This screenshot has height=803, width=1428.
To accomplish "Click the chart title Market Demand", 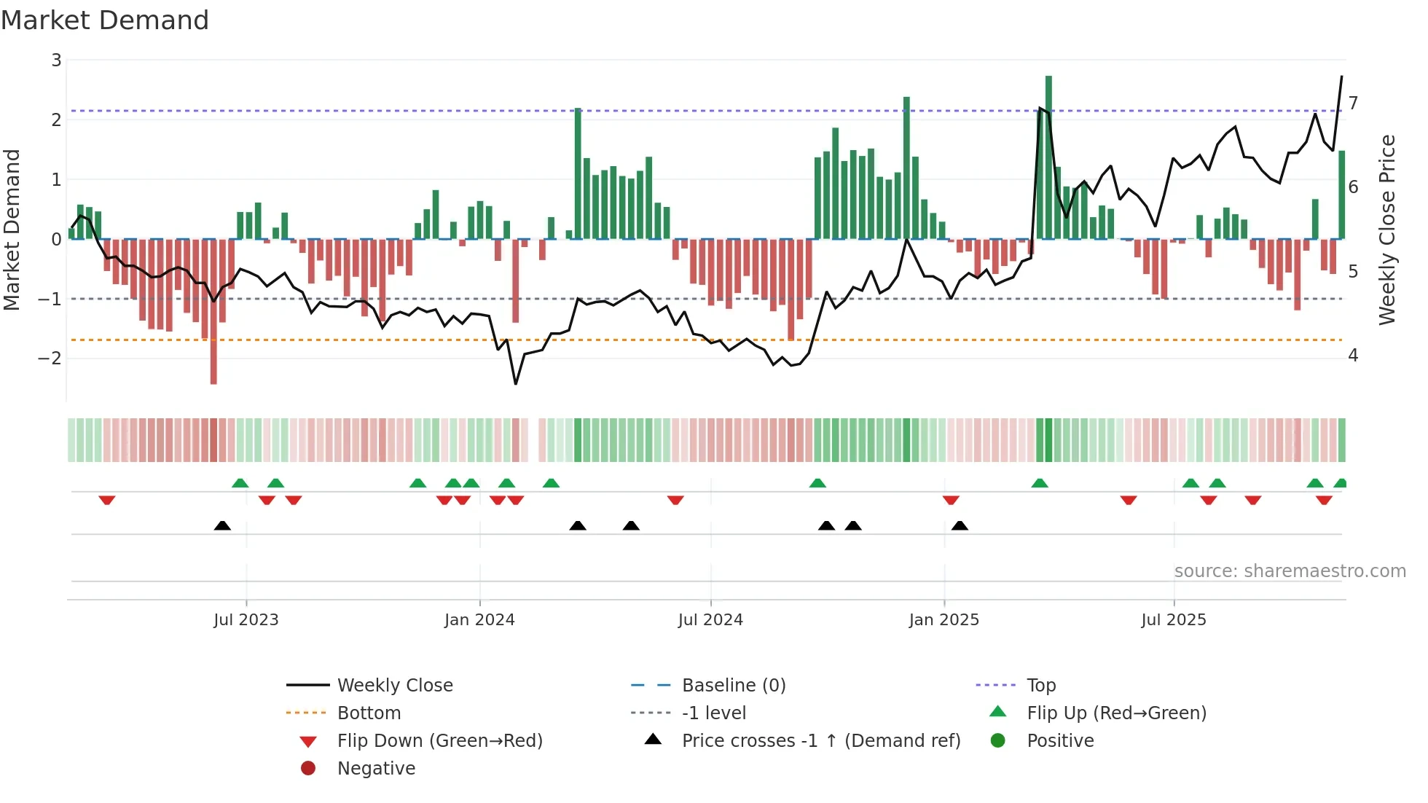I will [105, 20].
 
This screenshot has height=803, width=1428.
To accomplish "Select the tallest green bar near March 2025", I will [1048, 157].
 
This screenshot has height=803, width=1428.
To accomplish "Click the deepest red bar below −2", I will [213, 313].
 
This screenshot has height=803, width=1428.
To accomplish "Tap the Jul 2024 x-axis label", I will [710, 620].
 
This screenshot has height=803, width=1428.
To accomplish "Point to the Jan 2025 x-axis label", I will [943, 620].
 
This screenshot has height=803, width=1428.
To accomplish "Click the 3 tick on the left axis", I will [56, 60].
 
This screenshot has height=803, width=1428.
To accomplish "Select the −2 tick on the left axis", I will [50, 358].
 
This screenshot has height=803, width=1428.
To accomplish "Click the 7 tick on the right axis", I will [1353, 103].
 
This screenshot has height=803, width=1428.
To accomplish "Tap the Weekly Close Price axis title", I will [1387, 230].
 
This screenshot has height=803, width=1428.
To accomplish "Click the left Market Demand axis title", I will [12, 230].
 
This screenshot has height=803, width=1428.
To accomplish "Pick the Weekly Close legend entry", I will [394, 686].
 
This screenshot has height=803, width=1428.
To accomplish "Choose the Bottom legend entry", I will [369, 713].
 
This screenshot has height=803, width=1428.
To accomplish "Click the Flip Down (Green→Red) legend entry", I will [439, 741].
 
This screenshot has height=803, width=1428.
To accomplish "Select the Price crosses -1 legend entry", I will [820, 741].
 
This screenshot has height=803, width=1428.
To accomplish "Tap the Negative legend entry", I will [376, 769].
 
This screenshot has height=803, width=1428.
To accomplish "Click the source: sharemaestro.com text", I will [1290, 571].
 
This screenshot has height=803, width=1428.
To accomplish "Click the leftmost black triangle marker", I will [222, 526].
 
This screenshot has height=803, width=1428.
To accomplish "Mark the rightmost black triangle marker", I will [960, 526].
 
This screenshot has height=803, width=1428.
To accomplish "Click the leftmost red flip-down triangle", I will [107, 500].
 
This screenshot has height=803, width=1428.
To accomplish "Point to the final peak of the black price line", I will [1341, 77].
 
